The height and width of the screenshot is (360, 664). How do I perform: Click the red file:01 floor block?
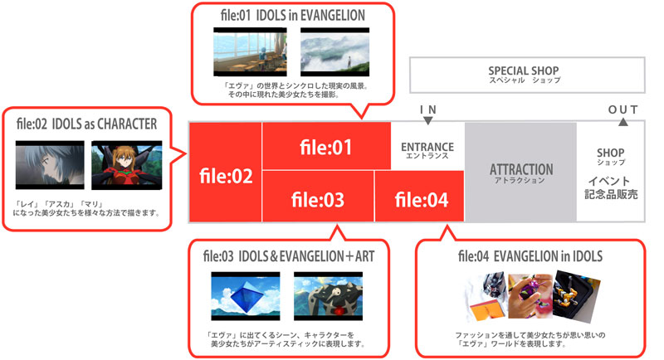(326, 148)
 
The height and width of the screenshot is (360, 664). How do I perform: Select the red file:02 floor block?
(225, 175)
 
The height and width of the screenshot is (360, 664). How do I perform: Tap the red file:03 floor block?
(318, 198)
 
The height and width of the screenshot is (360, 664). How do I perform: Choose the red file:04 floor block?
(419, 198)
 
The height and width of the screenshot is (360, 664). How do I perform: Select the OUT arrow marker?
(623, 121)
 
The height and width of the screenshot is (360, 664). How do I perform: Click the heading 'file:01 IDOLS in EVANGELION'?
(284, 15)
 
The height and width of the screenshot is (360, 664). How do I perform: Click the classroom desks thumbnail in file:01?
(247, 53)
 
